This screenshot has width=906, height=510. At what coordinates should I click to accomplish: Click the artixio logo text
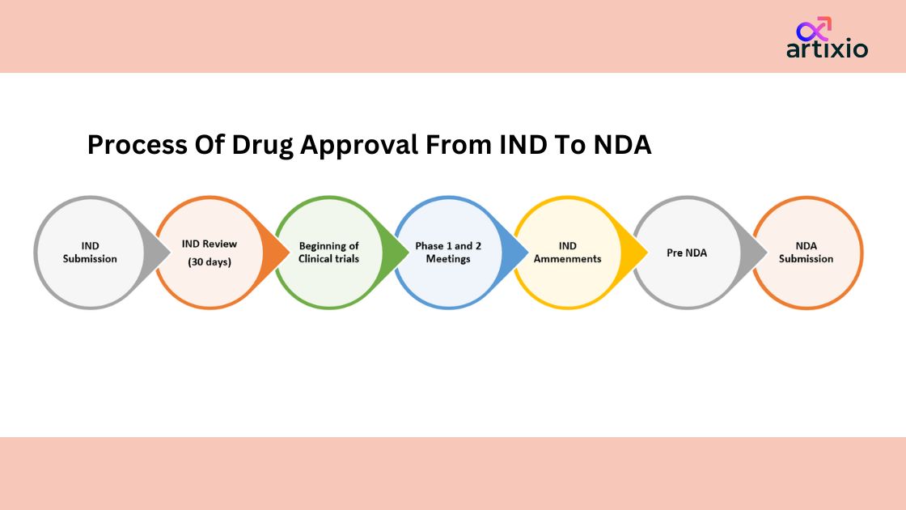tap(827, 49)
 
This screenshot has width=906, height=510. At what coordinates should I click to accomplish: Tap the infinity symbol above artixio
tap(814, 29)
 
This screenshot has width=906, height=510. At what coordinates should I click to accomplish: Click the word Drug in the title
tap(262, 146)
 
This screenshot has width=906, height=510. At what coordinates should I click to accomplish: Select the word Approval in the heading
tap(359, 146)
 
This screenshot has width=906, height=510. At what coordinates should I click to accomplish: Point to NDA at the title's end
tap(622, 145)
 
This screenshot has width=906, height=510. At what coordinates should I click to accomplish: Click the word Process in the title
tap(137, 145)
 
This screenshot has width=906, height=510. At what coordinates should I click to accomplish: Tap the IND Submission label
tap(90, 252)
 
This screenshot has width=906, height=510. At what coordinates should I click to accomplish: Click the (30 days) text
tap(210, 262)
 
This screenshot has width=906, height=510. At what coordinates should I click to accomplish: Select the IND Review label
tap(210, 244)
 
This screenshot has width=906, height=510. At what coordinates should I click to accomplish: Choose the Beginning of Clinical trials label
tap(328, 252)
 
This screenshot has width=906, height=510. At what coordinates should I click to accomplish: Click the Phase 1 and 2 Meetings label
tap(448, 252)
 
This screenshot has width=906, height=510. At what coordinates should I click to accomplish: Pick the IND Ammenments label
tap(567, 252)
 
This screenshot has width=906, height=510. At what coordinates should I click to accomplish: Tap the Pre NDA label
tap(687, 253)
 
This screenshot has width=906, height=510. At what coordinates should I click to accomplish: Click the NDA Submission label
tap(806, 252)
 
